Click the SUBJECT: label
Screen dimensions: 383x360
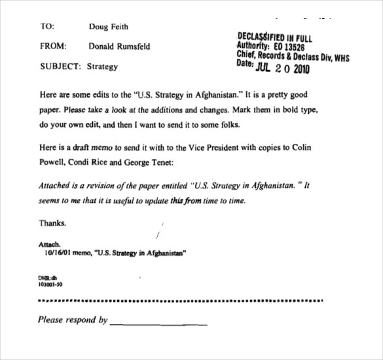pos(61,66)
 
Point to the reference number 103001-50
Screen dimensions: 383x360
pos(51,286)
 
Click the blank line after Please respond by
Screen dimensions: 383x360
pos(158,323)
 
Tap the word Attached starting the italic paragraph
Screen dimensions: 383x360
pos(58,186)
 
